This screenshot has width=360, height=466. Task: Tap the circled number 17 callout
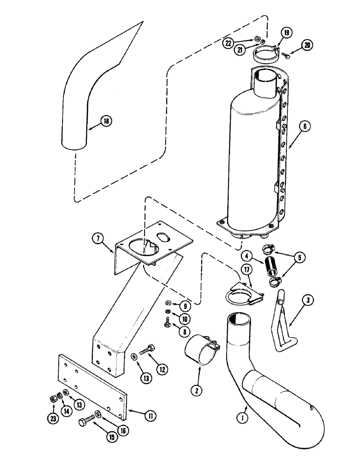click(246, 269)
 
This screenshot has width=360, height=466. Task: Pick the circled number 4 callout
click(248, 256)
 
